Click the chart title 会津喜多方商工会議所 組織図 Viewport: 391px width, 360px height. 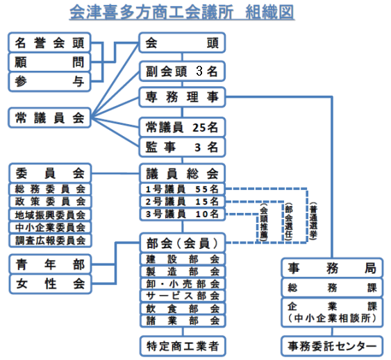(182, 12)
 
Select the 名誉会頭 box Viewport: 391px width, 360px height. (49, 42)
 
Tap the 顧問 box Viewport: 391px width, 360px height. (49, 62)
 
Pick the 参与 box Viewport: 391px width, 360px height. (49, 81)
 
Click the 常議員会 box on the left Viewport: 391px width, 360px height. (49, 118)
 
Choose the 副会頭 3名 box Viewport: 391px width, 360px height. (182, 71)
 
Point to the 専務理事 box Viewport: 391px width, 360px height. (182, 97)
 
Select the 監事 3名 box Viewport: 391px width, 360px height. (182, 147)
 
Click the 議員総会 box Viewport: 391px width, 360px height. (182, 173)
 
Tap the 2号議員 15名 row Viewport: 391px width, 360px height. (182, 202)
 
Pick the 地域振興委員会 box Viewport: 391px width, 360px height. (50, 215)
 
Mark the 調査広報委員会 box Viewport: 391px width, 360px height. (50, 241)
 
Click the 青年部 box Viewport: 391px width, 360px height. (50, 264)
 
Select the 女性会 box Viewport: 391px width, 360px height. (50, 284)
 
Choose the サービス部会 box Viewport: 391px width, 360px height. (183, 296)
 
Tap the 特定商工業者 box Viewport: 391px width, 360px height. (183, 346)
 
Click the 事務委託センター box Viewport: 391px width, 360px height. (332, 346)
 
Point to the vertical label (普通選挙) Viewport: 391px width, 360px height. (313, 221)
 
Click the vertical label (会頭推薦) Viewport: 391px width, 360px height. (264, 222)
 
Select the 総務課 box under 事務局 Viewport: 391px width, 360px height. (332, 288)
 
